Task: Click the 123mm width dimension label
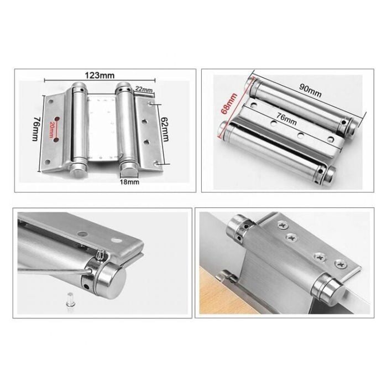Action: (100, 75)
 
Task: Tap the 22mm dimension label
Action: (144, 89)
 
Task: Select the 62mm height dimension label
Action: (165, 129)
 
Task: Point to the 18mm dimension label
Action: (129, 182)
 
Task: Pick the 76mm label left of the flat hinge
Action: (36, 129)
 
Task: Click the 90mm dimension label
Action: (310, 90)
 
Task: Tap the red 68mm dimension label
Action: (229, 103)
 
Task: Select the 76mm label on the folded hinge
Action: (286, 119)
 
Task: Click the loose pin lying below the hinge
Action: (70, 300)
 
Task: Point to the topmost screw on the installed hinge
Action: (281, 224)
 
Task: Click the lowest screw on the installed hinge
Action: (341, 264)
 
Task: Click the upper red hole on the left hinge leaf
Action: (57, 119)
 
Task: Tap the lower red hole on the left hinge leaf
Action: (56, 140)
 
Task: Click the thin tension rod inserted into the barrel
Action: (55, 271)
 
